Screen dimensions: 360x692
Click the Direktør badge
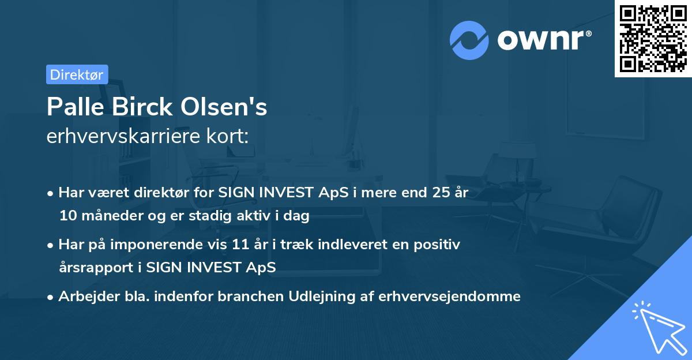(77, 74)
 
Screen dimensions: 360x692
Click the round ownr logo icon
(469, 40)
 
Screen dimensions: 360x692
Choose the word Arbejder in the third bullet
(84, 297)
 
